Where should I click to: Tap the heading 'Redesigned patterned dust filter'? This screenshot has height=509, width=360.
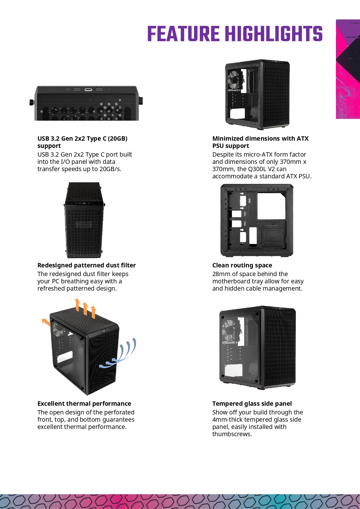tap(86, 265)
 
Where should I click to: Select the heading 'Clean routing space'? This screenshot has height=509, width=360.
tap(242, 265)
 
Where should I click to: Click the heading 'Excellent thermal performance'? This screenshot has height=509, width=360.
tap(84, 404)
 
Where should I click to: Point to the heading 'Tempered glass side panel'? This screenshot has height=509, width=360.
tap(252, 404)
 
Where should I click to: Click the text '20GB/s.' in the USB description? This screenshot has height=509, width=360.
tap(110, 169)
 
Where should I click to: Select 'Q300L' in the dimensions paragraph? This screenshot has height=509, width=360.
tap(257, 169)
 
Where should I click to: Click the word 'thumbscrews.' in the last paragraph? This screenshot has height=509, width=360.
tap(232, 434)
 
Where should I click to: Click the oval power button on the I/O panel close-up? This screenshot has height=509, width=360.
tap(88, 90)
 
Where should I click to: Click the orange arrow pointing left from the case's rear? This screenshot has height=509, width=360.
tap(46, 322)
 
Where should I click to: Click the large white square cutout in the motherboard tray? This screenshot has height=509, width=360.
tap(271, 206)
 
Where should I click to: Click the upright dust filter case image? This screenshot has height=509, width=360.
tap(84, 220)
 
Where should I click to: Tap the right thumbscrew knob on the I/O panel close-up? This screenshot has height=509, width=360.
tap(141, 101)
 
